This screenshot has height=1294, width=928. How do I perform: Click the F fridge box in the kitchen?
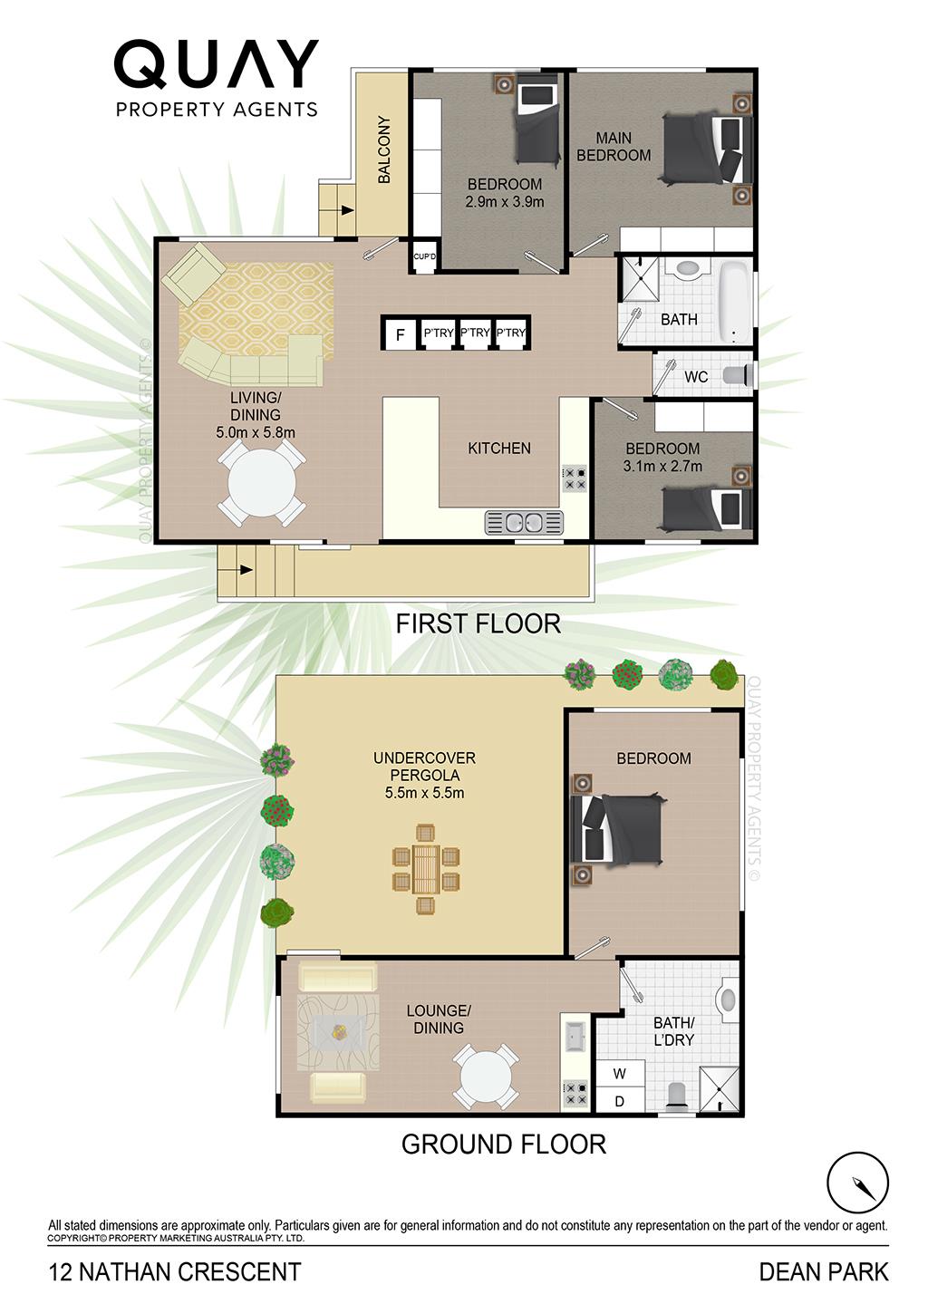pos(400,333)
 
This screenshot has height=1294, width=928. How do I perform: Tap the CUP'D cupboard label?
pos(425,256)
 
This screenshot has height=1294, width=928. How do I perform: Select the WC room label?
pos(696,377)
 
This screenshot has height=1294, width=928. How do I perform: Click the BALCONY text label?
pos(384,150)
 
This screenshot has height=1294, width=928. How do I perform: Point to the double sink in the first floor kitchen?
pos(524,522)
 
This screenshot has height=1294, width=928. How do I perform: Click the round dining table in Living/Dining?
pos(262,483)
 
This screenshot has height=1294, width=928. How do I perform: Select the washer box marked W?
pos(620,1074)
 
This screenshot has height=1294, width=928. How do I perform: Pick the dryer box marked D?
pos(620,1101)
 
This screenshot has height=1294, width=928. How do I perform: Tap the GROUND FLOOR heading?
pos(503,1144)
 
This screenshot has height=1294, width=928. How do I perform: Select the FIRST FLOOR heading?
pos(478,623)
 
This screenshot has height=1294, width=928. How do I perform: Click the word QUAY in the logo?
pos(216,64)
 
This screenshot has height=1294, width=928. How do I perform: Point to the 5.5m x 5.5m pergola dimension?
pos(425,793)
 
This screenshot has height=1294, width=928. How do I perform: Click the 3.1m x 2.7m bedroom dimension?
pos(662,466)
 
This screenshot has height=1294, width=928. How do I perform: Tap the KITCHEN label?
pos(499,449)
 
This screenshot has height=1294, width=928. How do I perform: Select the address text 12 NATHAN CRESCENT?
pos(175,1272)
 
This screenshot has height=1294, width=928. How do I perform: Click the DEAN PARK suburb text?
pos(824,1272)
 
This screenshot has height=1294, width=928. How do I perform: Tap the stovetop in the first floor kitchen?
pos(575,478)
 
